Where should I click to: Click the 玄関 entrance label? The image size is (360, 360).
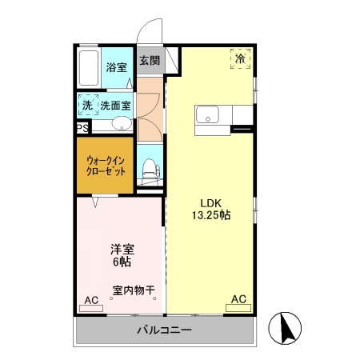(x=149, y=61)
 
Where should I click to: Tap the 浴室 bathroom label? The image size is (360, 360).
(x=117, y=67)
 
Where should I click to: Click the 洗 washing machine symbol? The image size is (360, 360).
(x=86, y=106)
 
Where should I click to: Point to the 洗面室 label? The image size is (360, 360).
(x=115, y=105)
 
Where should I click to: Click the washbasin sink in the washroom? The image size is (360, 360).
(x=122, y=123)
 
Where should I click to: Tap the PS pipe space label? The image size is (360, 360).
(x=82, y=127)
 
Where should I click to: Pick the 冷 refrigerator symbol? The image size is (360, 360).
(x=240, y=58)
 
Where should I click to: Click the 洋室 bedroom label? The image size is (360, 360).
(x=122, y=249)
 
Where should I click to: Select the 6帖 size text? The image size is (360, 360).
(x=122, y=262)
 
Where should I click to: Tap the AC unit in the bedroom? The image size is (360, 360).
(x=91, y=300)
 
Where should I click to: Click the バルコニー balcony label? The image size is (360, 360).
(x=163, y=330)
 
